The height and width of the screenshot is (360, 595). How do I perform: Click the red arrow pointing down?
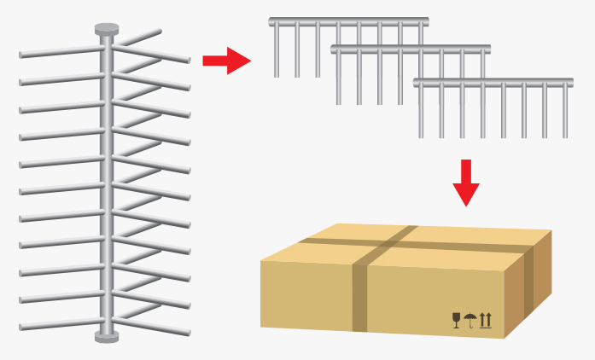(x=465, y=182)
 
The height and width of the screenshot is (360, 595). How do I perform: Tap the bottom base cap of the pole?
(x=106, y=337)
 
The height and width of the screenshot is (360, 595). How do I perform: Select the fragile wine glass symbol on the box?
(x=457, y=321)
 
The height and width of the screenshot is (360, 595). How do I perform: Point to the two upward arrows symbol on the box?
(x=485, y=321)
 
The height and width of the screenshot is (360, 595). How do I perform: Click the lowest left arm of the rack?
(x=60, y=325)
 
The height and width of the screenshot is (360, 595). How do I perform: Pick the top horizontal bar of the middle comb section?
(x=410, y=49)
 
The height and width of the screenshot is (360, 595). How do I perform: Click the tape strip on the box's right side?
(x=529, y=282)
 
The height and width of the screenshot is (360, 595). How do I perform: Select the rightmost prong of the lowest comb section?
(x=564, y=111)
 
